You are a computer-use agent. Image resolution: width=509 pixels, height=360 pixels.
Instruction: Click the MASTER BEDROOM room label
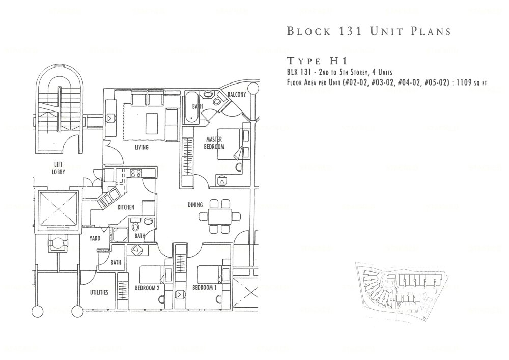[215, 143]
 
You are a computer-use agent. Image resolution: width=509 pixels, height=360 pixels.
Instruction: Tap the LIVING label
[142, 148]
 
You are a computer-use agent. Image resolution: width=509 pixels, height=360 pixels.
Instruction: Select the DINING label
[195, 205]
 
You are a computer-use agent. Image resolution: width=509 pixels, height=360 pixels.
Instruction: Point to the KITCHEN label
[126, 207]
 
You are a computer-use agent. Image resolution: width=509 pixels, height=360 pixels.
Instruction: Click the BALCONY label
[237, 95]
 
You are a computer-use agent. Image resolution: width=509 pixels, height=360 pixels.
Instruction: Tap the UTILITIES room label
[98, 292]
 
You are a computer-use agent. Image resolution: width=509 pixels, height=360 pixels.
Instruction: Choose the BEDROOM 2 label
[148, 288]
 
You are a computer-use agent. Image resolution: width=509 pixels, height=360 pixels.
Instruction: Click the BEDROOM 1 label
[205, 288]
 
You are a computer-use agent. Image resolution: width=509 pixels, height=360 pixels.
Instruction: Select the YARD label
[95, 238]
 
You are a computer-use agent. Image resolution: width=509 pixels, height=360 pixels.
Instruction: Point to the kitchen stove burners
[136, 173]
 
